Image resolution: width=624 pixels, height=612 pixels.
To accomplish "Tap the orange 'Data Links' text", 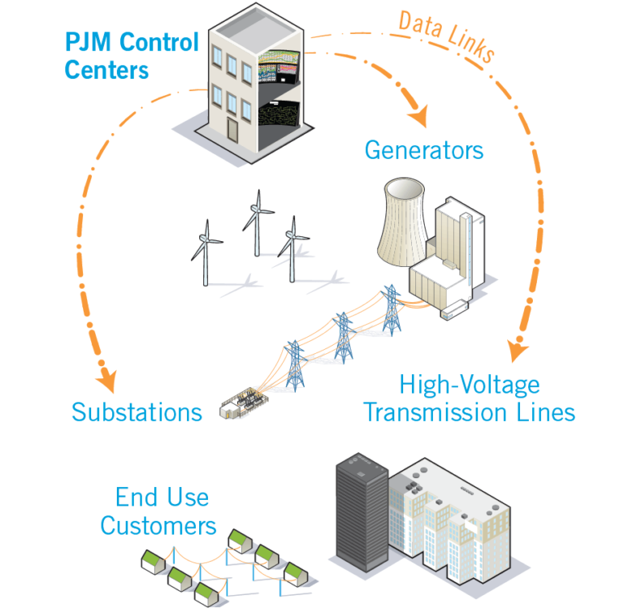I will [446, 36].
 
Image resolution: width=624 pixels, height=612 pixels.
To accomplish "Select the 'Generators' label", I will [423, 150].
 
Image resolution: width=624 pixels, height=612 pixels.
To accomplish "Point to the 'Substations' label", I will [136, 412].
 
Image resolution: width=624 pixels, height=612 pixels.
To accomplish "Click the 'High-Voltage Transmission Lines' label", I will [469, 397].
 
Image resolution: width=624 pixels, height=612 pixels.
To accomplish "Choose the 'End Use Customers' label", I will [159, 511].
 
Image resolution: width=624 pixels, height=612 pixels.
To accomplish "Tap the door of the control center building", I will [232, 131].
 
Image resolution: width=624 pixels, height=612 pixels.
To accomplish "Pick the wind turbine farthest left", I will [206, 252].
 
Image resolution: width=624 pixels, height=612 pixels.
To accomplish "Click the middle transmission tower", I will [344, 334].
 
